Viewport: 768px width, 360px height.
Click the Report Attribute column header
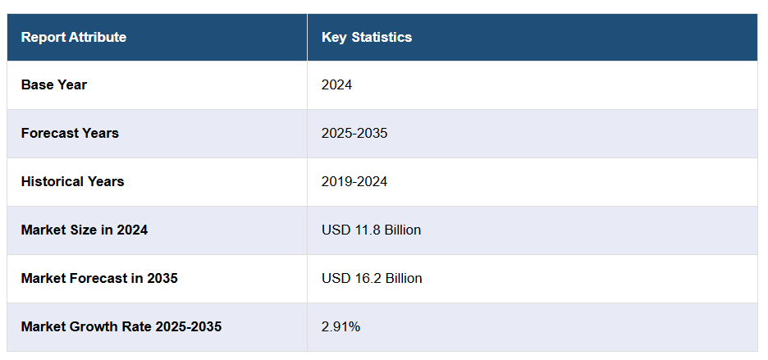click(x=74, y=37)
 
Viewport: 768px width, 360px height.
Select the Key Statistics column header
click(x=367, y=37)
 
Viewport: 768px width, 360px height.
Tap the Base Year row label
click(x=54, y=84)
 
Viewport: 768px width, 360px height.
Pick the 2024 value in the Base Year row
click(x=336, y=84)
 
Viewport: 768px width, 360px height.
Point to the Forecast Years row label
click(x=70, y=133)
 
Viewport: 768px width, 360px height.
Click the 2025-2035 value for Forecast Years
click(x=354, y=133)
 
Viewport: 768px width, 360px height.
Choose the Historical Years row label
click(x=72, y=181)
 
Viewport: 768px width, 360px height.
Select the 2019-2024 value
click(x=354, y=181)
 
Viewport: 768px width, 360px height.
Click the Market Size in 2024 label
click(x=85, y=230)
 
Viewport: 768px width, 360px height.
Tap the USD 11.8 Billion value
click(x=371, y=230)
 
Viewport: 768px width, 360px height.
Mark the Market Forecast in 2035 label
click(x=99, y=278)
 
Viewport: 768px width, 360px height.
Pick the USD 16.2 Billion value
click(x=372, y=278)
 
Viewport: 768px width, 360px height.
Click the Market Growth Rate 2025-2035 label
click(x=121, y=326)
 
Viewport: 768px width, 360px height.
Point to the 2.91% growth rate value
click(x=341, y=326)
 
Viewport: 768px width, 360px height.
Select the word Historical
click(x=51, y=181)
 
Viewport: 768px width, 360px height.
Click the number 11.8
click(x=363, y=230)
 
